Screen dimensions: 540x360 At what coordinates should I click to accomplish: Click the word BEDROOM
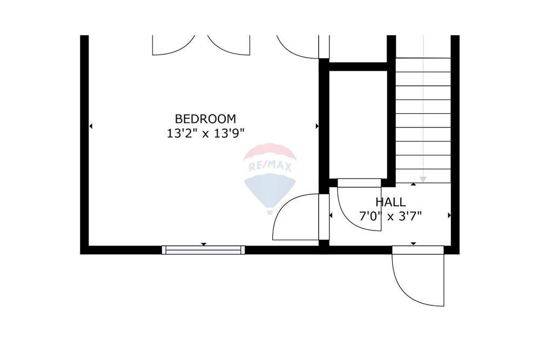pyautogui.click(x=206, y=119)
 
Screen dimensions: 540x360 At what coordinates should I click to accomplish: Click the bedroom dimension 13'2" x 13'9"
pyautogui.click(x=206, y=133)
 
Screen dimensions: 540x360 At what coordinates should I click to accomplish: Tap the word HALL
pyautogui.click(x=390, y=202)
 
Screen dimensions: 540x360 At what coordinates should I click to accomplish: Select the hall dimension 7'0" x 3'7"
pyautogui.click(x=390, y=216)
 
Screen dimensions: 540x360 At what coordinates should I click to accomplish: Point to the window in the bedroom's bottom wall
pyautogui.click(x=204, y=250)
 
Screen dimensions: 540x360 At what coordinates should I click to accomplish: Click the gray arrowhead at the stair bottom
pyautogui.click(x=423, y=179)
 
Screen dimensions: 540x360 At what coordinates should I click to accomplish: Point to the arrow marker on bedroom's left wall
pyautogui.click(x=91, y=126)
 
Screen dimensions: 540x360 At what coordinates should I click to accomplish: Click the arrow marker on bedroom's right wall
pyautogui.click(x=317, y=126)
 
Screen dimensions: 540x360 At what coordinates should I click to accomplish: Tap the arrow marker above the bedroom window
pyautogui.click(x=204, y=244)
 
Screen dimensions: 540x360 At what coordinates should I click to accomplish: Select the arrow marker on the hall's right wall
pyautogui.click(x=449, y=215)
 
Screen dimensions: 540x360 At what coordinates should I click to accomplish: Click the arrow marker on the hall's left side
pyautogui.click(x=330, y=215)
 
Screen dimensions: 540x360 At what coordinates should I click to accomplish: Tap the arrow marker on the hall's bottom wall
pyautogui.click(x=413, y=243)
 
